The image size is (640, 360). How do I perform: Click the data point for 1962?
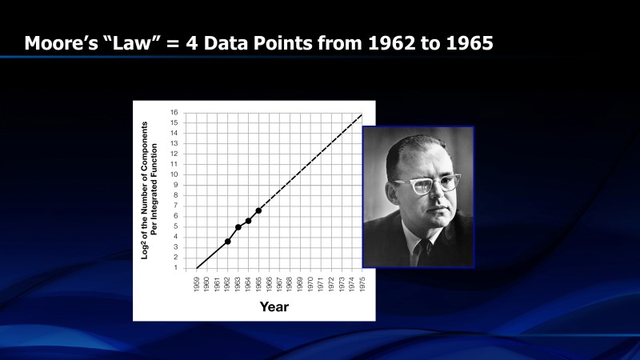point(228,242)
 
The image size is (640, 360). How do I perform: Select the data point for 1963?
point(238,227)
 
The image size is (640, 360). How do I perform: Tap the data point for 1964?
point(248,221)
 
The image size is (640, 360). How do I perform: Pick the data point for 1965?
point(258,210)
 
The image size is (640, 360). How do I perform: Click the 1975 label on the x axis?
point(362,284)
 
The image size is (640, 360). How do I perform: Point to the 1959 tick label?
point(196,284)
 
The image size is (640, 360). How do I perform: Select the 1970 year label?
point(310,284)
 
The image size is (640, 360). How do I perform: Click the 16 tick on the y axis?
point(174,112)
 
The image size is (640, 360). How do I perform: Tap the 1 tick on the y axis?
point(176,268)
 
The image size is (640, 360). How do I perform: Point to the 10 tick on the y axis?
point(174,174)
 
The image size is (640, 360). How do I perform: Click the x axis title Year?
point(274,306)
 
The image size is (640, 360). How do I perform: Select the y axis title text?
point(149,190)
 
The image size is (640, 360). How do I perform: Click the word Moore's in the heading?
point(62,43)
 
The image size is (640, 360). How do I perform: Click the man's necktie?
point(425,251)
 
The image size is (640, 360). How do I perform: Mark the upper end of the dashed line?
point(362,114)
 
